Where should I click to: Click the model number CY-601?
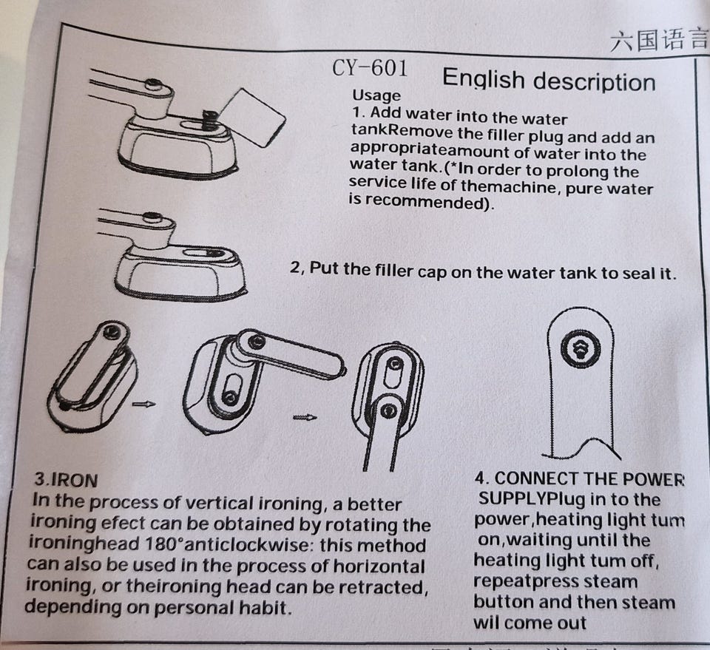tap(370, 68)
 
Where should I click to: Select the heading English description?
tap(549, 80)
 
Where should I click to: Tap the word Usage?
tap(376, 95)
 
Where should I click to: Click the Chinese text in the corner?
tap(659, 40)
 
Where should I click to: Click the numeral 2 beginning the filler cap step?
tap(295, 267)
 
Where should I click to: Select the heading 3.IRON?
tap(66, 480)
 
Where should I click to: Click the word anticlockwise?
tap(248, 544)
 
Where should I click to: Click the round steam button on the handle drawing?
tap(581, 350)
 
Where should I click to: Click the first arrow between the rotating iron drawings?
tap(144, 404)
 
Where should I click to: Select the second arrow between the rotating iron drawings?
tap(305, 417)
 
